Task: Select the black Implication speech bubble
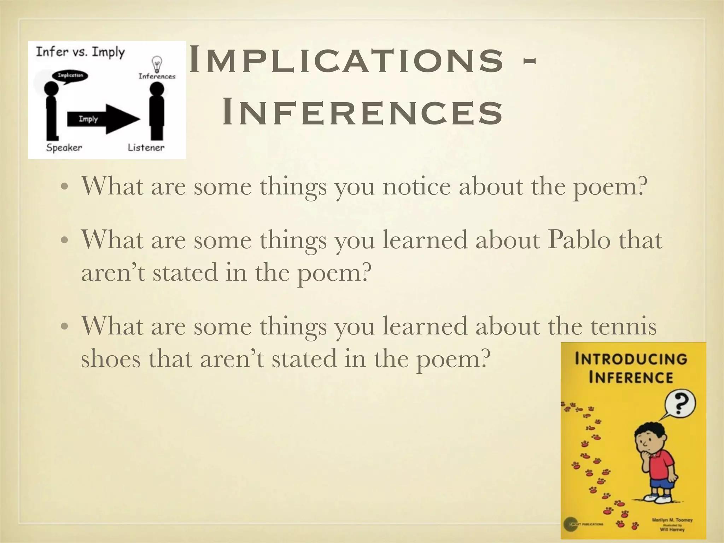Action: click(70, 76)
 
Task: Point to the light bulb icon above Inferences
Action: click(157, 64)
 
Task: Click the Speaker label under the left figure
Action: click(64, 148)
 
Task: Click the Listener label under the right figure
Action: click(146, 148)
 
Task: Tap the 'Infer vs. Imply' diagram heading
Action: click(80, 52)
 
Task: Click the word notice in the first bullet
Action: click(417, 186)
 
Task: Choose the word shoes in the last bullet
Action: click(111, 359)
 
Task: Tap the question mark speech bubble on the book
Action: click(680, 404)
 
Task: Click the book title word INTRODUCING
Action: click(631, 359)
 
